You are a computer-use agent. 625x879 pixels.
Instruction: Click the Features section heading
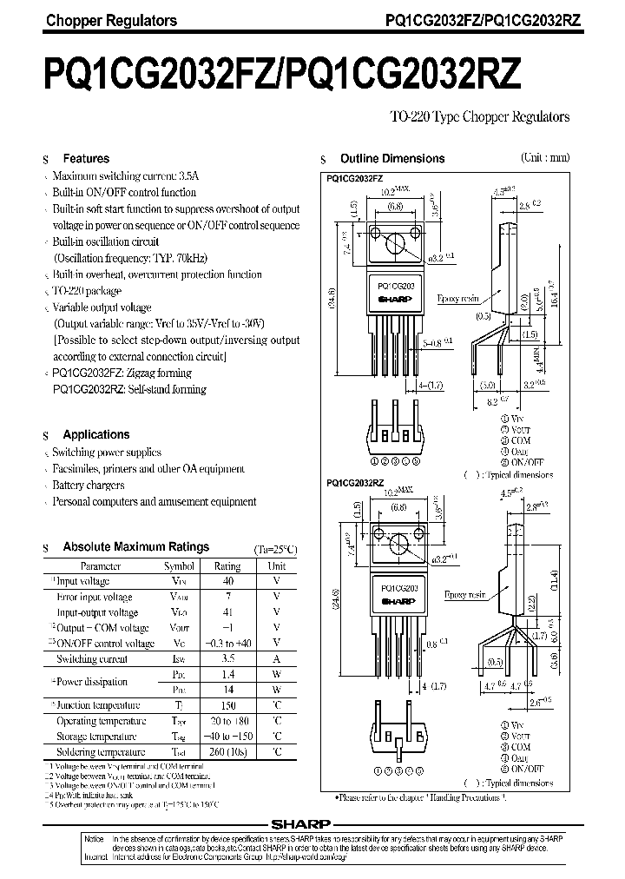coord(86,159)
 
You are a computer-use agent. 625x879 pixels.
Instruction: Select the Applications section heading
coord(95,434)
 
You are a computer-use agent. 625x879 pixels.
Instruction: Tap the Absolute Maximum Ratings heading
coord(135,547)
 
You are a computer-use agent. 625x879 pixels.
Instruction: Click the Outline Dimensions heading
coord(391,159)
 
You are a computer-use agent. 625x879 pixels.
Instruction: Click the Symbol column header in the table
coord(179,565)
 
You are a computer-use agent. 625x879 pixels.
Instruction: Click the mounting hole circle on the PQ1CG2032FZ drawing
coord(401,240)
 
